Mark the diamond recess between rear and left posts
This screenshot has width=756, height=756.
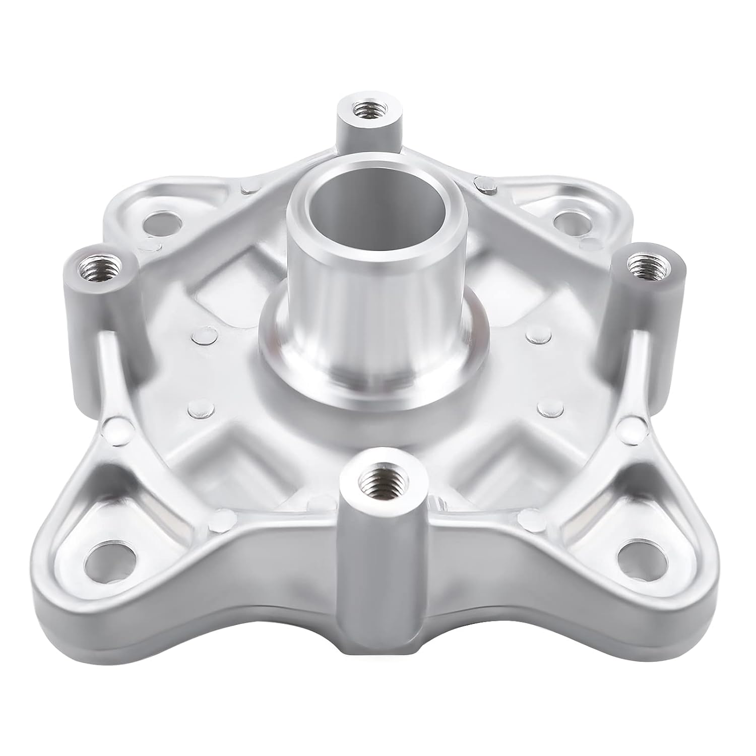tap(222, 282)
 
